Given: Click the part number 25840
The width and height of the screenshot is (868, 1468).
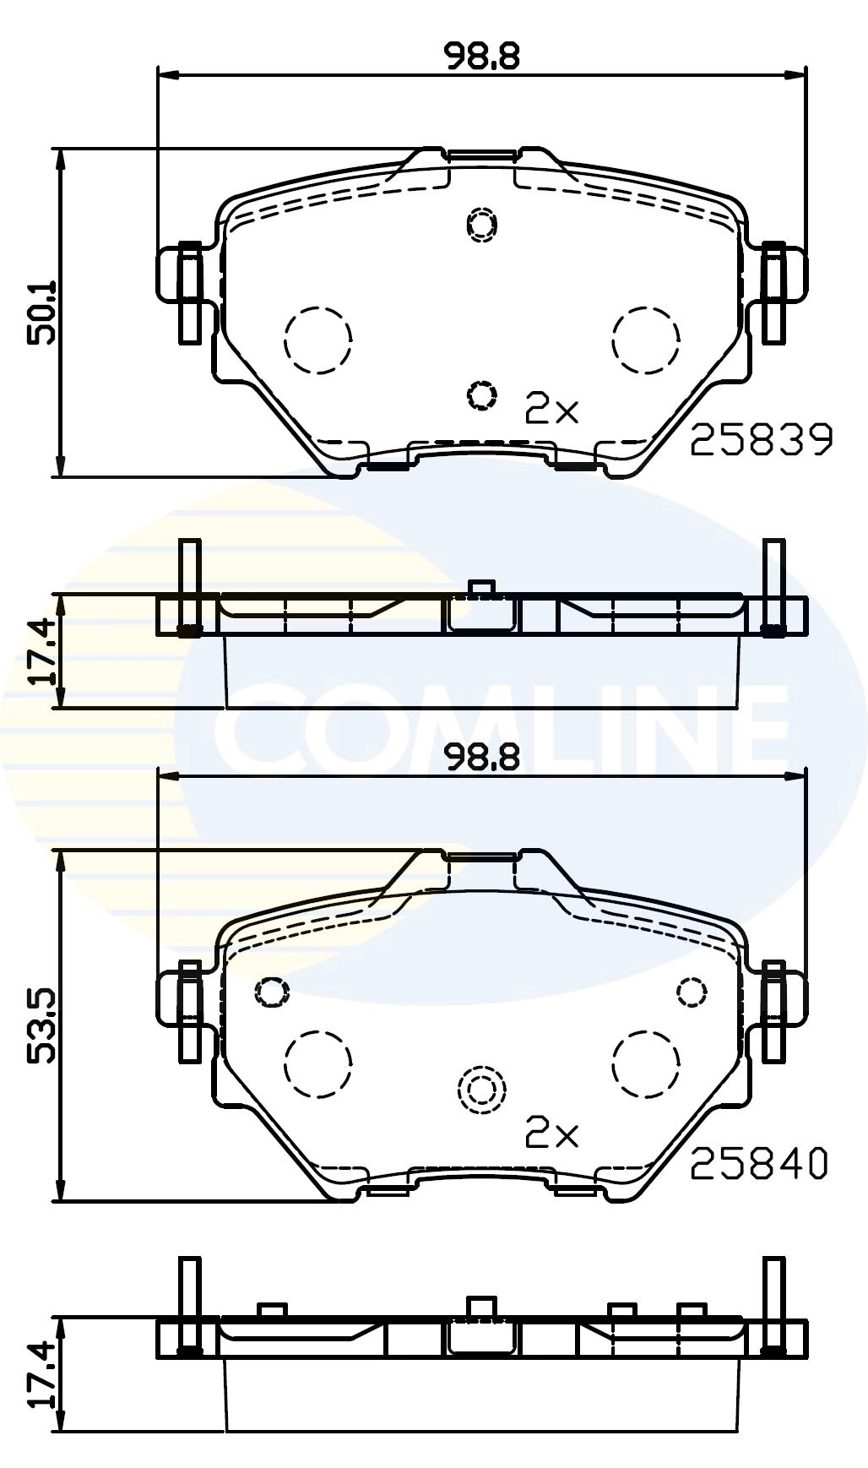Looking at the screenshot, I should coord(759,1165).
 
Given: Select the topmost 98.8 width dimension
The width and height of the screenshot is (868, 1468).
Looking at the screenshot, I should coord(482,56).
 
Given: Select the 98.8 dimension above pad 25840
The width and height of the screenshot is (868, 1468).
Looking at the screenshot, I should coord(482,758).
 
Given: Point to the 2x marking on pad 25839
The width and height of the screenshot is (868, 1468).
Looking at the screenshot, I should coord(551,410).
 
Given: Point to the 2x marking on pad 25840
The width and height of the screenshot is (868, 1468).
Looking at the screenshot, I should coord(551,1134).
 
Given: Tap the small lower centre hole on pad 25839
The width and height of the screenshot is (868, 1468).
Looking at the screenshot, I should coord(481,394).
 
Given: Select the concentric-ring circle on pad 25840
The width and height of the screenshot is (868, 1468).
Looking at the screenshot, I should coord(480,1090).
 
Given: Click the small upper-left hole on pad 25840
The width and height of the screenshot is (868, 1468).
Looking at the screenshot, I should coord(271,990).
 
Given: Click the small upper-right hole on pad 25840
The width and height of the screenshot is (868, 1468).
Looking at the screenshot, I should coord(692,990).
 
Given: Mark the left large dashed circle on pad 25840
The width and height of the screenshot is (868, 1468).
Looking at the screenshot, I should coord(317,1063).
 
